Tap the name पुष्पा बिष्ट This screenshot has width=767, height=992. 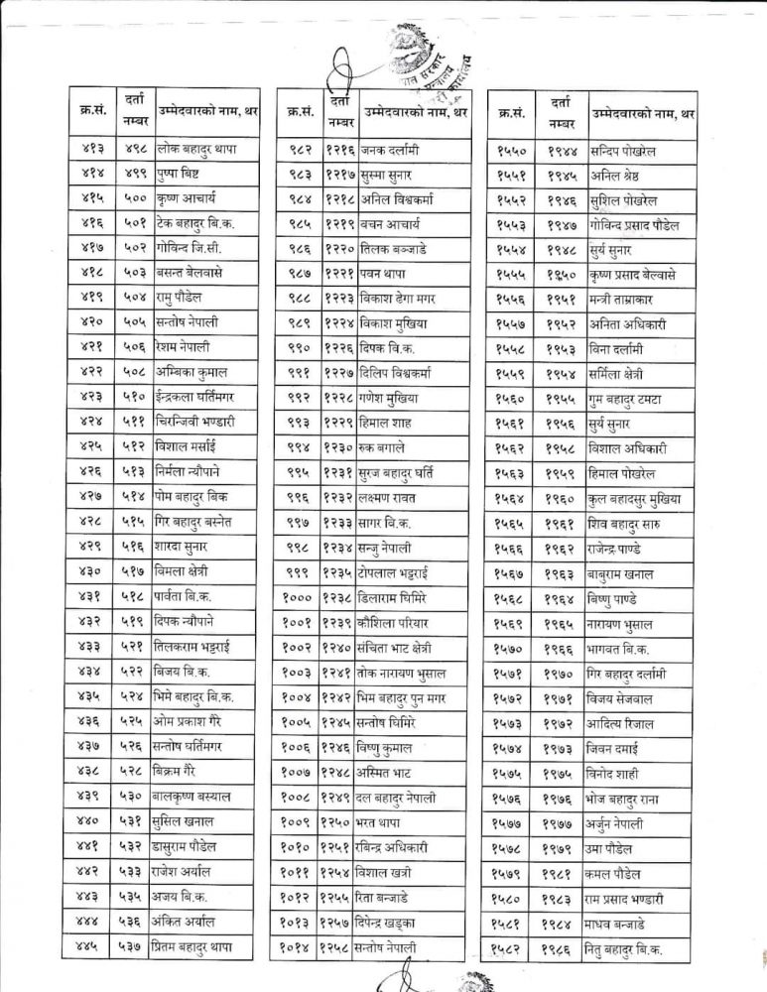tap(183, 173)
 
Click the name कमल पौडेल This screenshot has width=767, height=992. tap(618, 874)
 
